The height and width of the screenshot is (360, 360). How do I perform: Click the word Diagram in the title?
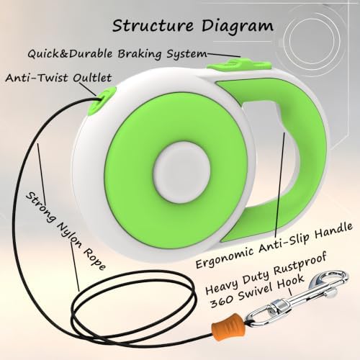(x=238, y=27)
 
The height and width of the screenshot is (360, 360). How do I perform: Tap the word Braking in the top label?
(x=140, y=54)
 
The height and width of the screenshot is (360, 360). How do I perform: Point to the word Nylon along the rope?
(x=68, y=234)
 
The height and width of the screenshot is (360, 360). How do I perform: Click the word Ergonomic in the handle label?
(x=224, y=257)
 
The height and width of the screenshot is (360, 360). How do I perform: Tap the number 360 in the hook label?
(x=221, y=301)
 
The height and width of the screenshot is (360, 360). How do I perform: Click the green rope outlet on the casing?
(x=102, y=99)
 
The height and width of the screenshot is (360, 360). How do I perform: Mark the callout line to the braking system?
(x=223, y=55)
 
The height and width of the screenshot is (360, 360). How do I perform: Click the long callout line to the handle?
(x=279, y=183)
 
